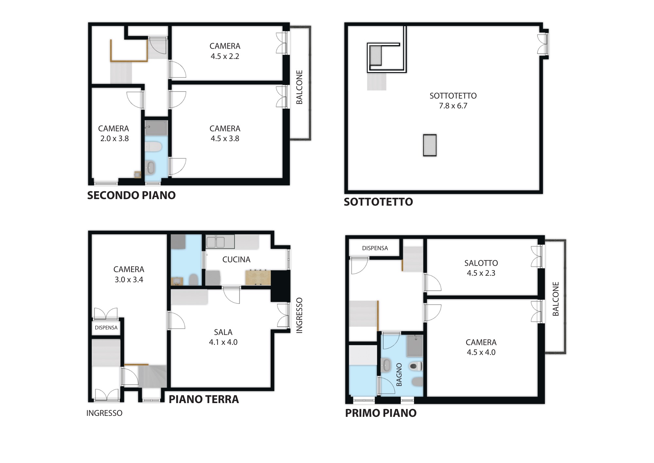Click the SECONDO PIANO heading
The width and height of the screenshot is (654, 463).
pos(131,195)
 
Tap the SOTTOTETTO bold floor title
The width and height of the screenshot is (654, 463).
pos(378,202)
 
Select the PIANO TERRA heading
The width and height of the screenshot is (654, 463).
pos(204,399)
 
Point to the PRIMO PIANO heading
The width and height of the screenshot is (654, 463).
pos(381,413)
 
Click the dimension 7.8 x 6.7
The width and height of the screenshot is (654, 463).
pos(453,106)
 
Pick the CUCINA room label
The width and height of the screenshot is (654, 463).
pos(236,259)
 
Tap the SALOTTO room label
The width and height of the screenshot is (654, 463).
pos(481,263)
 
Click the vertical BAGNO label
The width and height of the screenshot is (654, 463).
pos(399,375)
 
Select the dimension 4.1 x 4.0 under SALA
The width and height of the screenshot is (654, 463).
pos(223,342)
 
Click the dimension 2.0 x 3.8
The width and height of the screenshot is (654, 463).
pos(114,139)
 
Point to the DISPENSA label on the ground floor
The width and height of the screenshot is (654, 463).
pos(106,327)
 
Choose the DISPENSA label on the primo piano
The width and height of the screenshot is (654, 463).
pos(375,248)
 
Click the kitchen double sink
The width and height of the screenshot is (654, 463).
pos(215,242)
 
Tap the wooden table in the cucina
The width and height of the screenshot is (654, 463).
pos(258,277)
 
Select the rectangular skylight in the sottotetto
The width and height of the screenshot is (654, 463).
pos(430,145)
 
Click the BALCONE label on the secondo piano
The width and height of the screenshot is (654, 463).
pos(299,87)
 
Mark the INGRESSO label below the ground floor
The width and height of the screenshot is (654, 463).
pos(104,413)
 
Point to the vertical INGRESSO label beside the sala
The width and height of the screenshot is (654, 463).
pos(299,315)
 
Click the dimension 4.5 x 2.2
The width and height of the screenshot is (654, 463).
pos(225,56)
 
